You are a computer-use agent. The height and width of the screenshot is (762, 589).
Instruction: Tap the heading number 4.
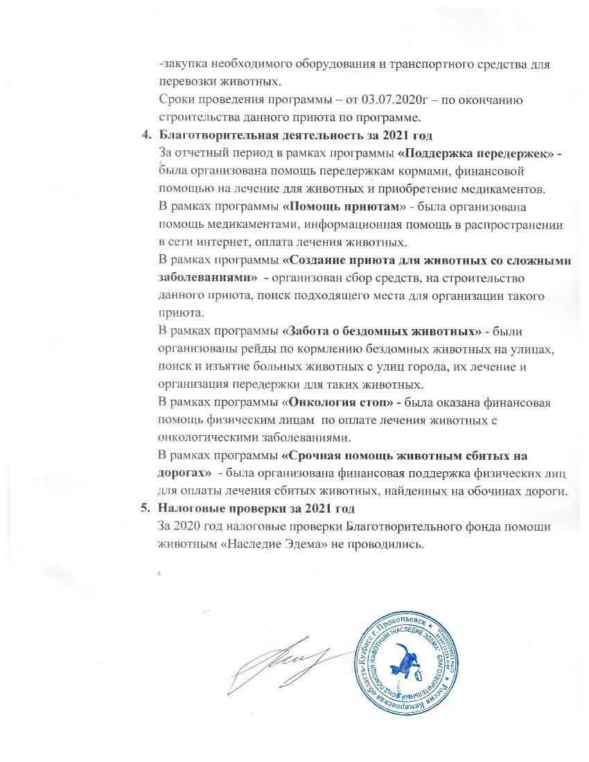coord(145,134)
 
